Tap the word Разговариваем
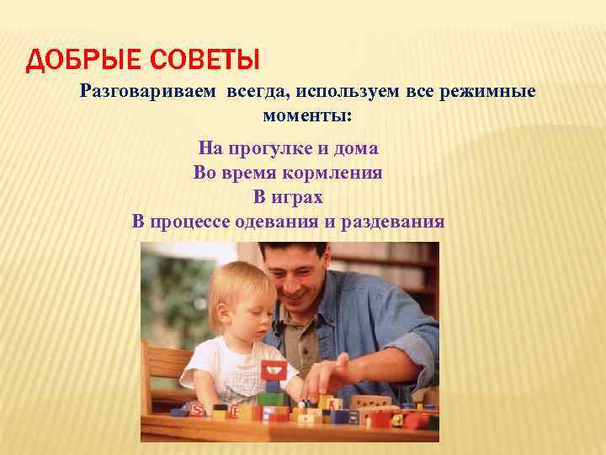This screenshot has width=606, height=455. tap(148, 91)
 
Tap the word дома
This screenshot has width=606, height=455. tap(357, 149)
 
